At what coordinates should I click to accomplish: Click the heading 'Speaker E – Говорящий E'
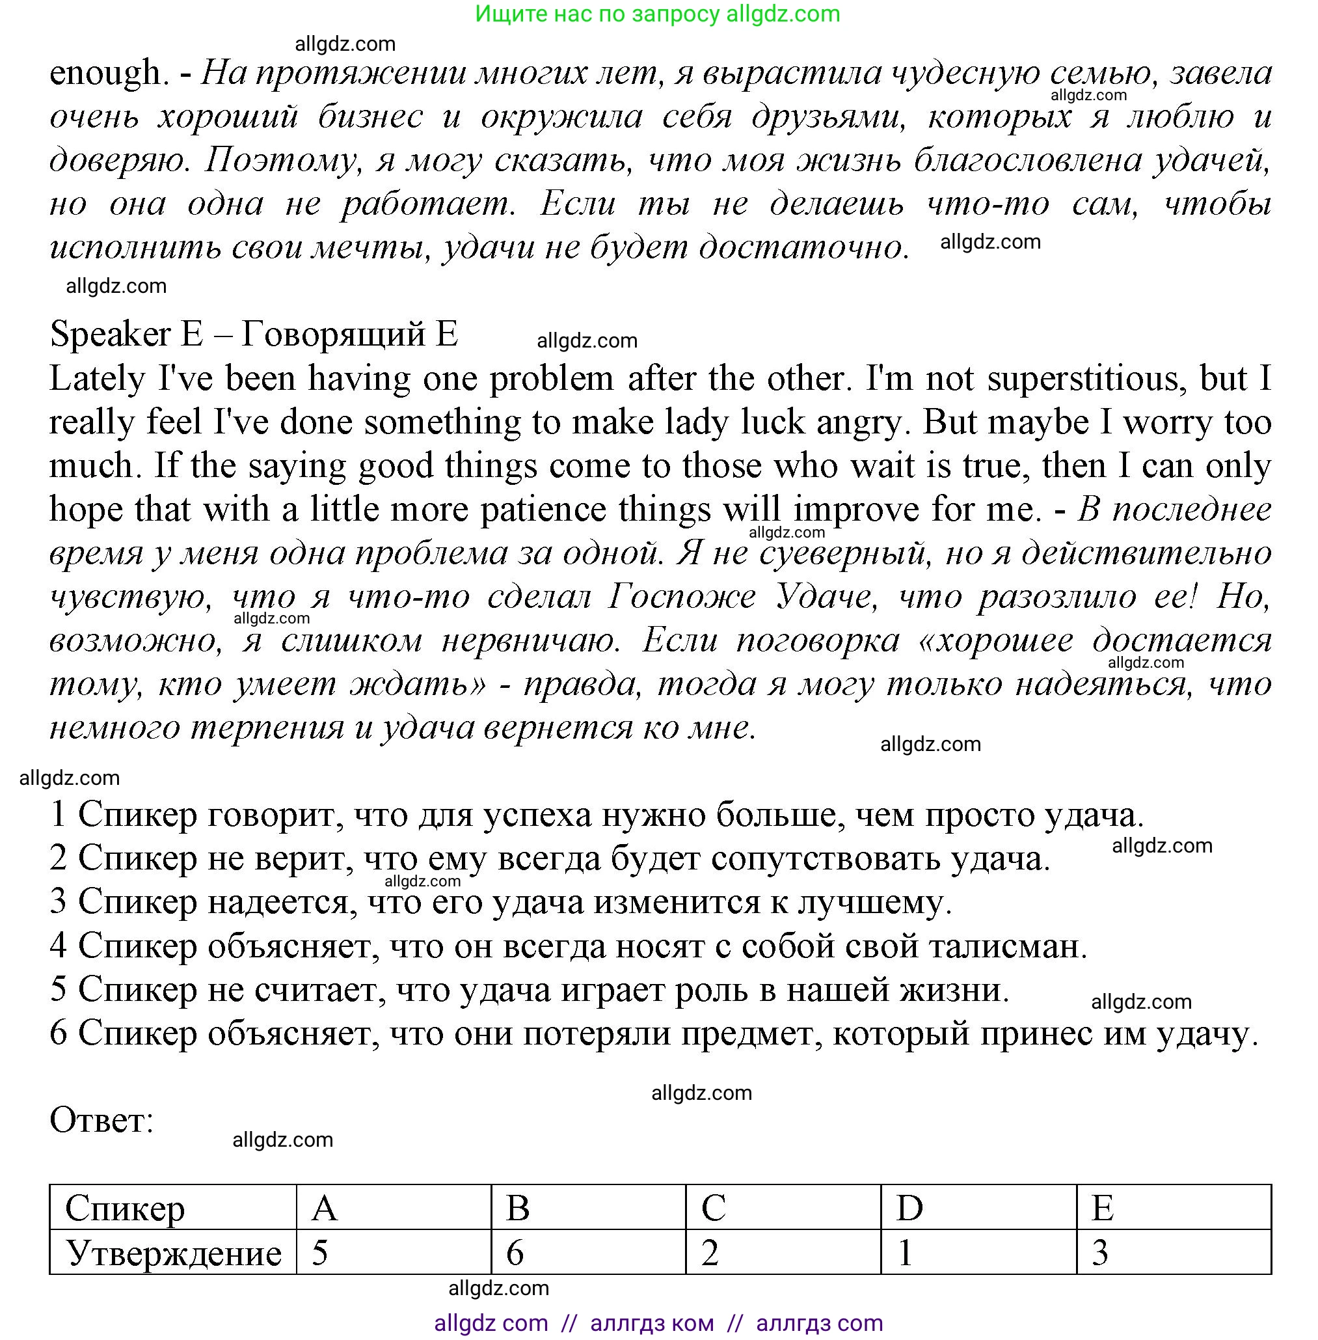[253, 335]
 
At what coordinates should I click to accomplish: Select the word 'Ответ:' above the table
[101, 1120]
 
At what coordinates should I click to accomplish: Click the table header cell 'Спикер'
[125, 1209]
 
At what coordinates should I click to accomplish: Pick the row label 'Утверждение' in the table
[173, 1253]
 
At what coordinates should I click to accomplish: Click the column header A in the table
[324, 1209]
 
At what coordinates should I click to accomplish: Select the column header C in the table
[713, 1209]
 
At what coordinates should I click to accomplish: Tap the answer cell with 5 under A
[319, 1253]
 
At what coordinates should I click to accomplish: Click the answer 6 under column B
[515, 1253]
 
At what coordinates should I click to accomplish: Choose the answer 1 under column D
[904, 1253]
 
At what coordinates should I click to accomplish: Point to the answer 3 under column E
[1100, 1253]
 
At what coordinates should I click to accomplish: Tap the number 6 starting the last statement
[58, 1034]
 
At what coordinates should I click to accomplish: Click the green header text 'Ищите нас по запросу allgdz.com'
[658, 14]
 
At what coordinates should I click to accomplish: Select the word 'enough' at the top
[105, 74]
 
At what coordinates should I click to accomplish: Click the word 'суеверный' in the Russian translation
[842, 553]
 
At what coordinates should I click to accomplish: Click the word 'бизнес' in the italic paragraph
[370, 117]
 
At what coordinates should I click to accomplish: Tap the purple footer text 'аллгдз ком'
[651, 1323]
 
